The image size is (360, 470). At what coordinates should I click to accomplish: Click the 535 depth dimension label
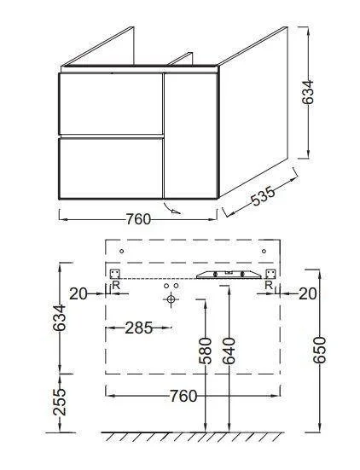pyautogui.click(x=263, y=196)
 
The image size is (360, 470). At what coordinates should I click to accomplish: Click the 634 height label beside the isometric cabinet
pyautogui.click(x=308, y=92)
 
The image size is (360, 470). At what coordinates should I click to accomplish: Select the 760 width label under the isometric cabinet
pyautogui.click(x=138, y=219)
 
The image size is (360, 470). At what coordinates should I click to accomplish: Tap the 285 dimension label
pyautogui.click(x=139, y=328)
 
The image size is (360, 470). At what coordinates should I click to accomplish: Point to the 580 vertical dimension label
pyautogui.click(x=206, y=351)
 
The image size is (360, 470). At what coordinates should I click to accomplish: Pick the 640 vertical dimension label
pyautogui.click(x=229, y=351)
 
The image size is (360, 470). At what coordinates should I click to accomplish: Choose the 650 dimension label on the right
pyautogui.click(x=320, y=350)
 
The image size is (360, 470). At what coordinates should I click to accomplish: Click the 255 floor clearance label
pyautogui.click(x=60, y=402)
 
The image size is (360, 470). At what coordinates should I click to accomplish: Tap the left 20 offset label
pyautogui.click(x=78, y=294)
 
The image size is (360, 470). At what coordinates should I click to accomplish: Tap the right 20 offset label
pyautogui.click(x=308, y=294)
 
